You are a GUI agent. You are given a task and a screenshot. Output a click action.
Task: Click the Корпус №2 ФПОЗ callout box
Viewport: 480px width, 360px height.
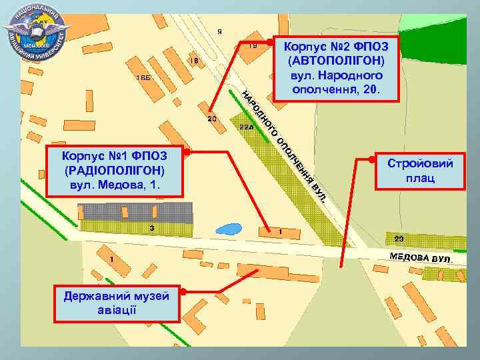click(x=337, y=67)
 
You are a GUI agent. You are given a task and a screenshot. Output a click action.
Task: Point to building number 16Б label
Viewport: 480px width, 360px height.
click(x=143, y=79)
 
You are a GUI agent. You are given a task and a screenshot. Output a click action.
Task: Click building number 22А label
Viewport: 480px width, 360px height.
click(x=246, y=127)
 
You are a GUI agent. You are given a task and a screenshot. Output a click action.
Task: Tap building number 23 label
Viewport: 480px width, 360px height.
click(x=399, y=239)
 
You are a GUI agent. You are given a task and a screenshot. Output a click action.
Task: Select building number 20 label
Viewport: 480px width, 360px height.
click(x=212, y=119)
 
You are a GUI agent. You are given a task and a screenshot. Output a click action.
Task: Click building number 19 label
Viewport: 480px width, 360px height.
click(x=253, y=46)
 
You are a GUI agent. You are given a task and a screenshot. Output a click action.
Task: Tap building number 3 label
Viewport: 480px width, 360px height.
click(x=152, y=228)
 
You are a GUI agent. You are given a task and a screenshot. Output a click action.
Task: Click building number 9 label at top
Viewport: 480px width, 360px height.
click(x=221, y=31)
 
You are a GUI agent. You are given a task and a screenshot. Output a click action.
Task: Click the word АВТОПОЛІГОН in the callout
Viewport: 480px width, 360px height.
click(x=337, y=61)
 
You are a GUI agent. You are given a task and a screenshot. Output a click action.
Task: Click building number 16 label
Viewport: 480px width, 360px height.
click(x=194, y=61)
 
